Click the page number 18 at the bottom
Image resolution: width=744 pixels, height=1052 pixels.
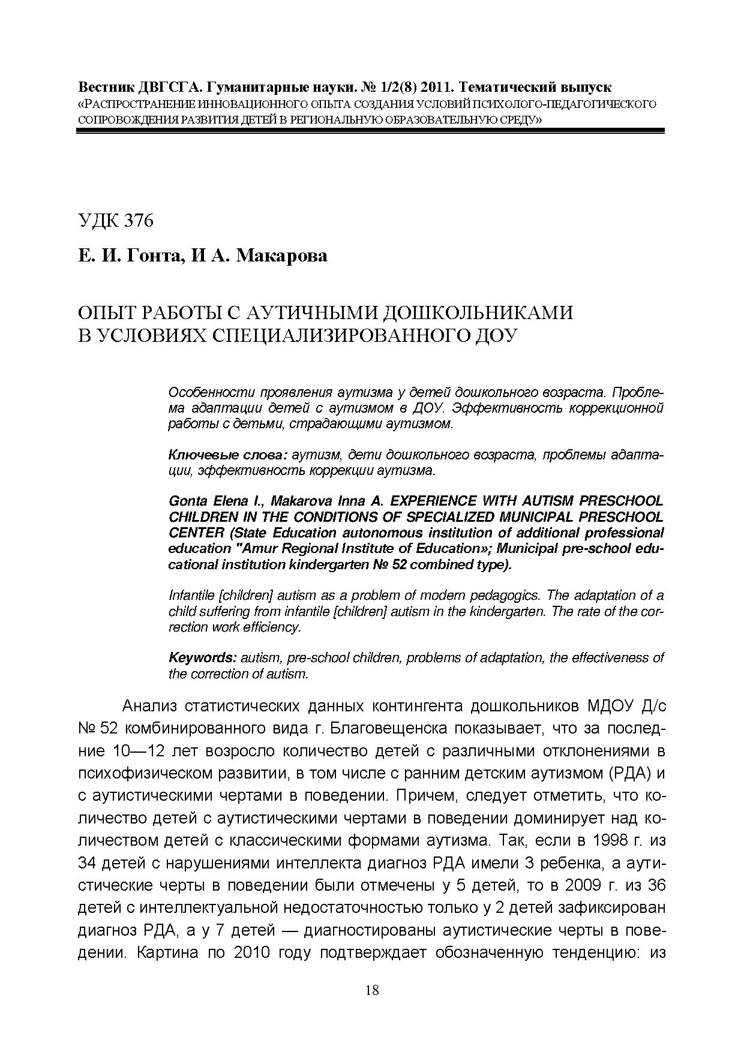pos(371,990)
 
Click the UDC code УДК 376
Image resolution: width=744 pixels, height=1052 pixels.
pos(116,221)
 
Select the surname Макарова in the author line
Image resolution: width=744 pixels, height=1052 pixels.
pos(282,256)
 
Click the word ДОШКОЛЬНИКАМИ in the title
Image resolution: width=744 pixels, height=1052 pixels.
pos(478,313)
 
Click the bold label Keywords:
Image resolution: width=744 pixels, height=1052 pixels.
pos(202,658)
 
